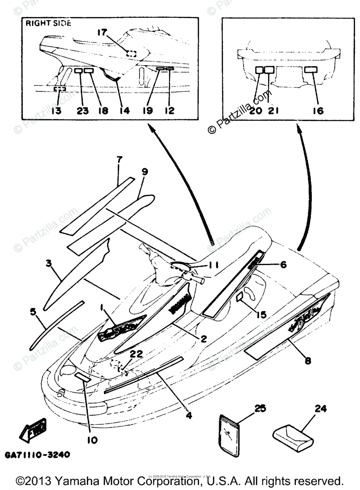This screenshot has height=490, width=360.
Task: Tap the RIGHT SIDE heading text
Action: tap(48, 23)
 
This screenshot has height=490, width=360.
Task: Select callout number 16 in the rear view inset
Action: tap(318, 111)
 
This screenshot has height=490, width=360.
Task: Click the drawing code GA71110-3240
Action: tap(38, 454)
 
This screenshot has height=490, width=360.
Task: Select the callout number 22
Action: tap(137, 354)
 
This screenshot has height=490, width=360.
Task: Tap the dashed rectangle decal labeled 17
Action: tap(131, 53)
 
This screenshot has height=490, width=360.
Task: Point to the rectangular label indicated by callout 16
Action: tap(311, 69)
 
